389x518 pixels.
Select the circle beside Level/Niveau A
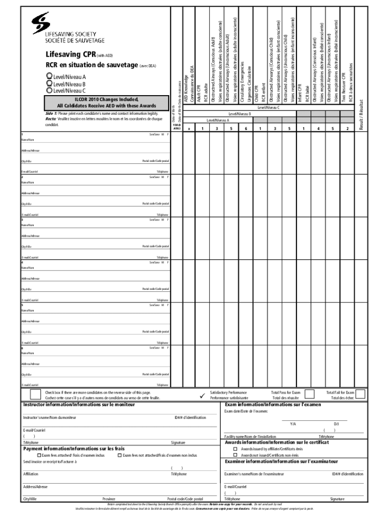pos(49,77)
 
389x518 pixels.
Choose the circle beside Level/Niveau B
pos(49,83)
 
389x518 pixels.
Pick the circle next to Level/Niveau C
pos(49,90)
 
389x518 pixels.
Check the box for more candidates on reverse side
pos(35,395)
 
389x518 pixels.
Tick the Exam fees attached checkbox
pos(38,455)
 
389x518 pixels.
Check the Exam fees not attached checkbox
pos(119,455)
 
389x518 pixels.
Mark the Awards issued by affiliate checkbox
pos(235,449)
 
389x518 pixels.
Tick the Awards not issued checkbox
pos(235,455)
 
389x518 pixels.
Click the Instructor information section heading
pos(79,405)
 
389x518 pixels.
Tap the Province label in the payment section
pos(109,498)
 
